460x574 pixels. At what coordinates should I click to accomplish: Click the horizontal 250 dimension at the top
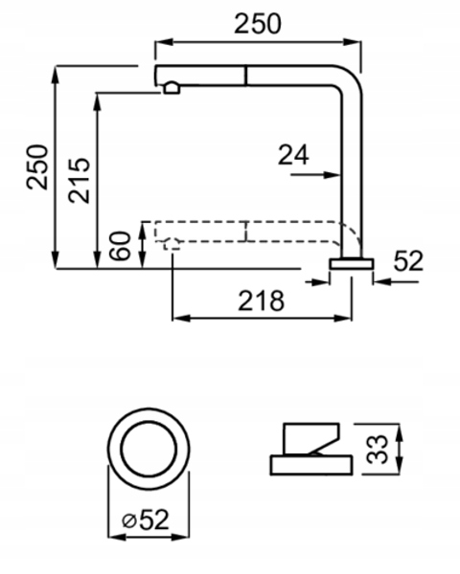[258, 24]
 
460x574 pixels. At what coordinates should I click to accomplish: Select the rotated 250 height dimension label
[37, 167]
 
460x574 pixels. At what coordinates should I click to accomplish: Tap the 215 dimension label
[79, 180]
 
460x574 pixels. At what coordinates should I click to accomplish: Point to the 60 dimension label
[121, 246]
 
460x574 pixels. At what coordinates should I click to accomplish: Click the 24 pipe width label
[293, 155]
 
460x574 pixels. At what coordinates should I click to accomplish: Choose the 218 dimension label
[262, 301]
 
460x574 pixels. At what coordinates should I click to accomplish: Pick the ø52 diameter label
[146, 519]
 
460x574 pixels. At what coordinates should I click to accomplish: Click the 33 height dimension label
[378, 450]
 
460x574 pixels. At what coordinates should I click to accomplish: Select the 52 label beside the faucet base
[408, 261]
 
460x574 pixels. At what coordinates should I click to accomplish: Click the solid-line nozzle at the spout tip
[172, 88]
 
